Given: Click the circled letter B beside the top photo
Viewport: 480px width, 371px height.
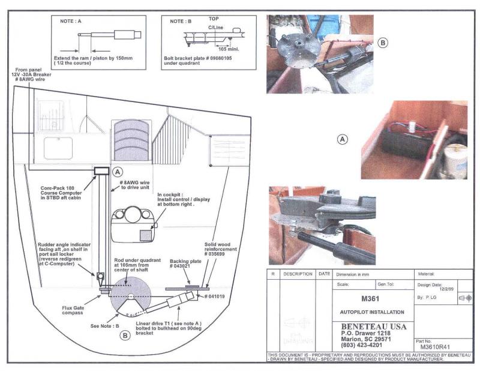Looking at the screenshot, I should (x=383, y=43).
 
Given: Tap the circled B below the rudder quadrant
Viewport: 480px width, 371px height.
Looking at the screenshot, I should (x=125, y=336).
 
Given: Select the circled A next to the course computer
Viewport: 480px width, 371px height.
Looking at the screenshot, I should (x=118, y=170).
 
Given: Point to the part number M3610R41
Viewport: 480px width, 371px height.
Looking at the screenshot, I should (x=435, y=346).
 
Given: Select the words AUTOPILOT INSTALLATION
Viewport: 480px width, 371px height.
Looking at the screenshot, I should (x=372, y=312).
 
